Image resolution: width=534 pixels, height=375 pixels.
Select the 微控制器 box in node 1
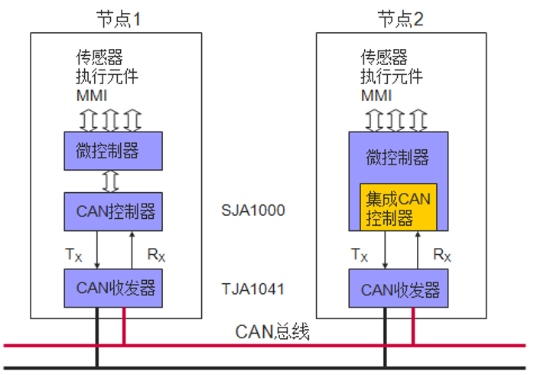[x=112, y=151]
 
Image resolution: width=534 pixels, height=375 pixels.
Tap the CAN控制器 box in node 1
[x=112, y=210]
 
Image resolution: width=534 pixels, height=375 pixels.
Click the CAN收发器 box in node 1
[x=112, y=288]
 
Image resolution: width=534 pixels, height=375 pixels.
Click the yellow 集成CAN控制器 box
[x=398, y=208]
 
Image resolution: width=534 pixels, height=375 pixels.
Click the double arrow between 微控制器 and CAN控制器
[x=112, y=181]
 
